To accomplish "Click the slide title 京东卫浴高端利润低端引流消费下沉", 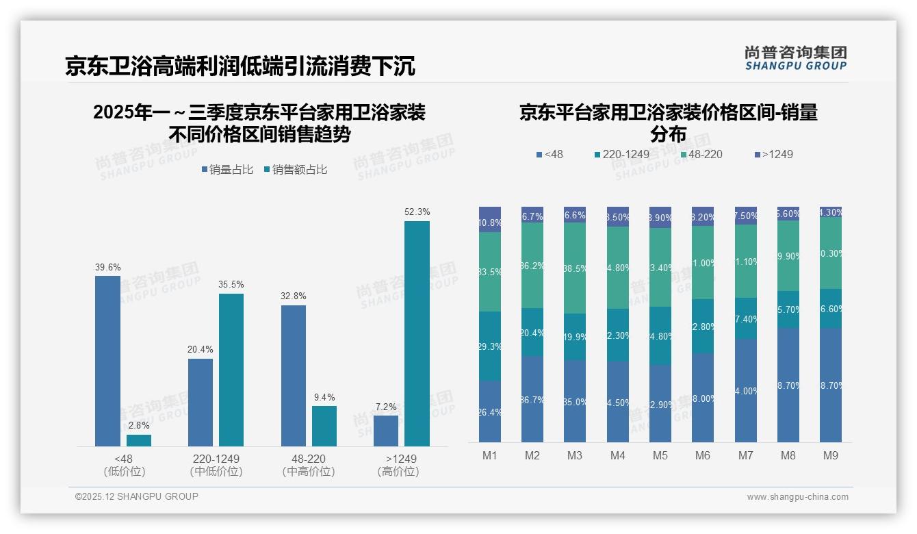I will click(x=240, y=66).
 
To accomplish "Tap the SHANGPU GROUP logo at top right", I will click(x=795, y=58).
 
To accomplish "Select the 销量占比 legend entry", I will click(x=227, y=169).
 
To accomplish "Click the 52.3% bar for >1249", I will click(x=417, y=333).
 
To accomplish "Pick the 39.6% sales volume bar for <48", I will click(x=107, y=361).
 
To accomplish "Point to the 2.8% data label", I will click(x=138, y=426).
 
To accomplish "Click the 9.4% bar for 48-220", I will click(x=324, y=426).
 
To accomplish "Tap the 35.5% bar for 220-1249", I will click(x=231, y=370).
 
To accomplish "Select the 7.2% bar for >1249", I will click(x=386, y=431).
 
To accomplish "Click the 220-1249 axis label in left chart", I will click(x=216, y=459).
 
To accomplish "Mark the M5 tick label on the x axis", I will click(x=660, y=455).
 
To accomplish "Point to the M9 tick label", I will click(x=830, y=455).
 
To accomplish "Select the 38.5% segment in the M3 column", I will click(x=575, y=268).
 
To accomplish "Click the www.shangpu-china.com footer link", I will click(x=797, y=497).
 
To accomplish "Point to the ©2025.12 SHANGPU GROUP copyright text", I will click(x=137, y=496).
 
